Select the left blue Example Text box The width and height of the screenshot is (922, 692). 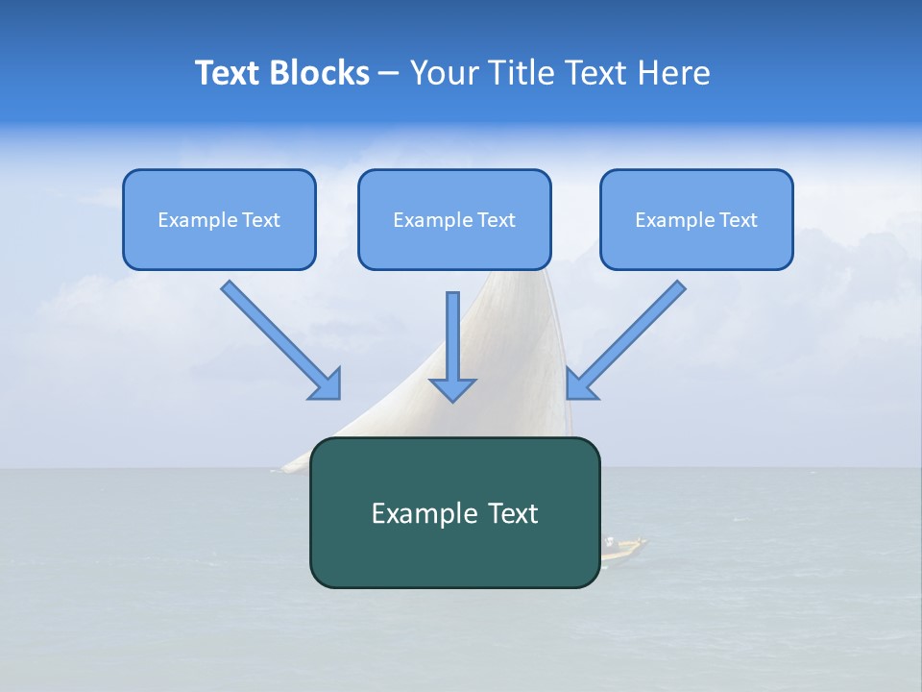click(x=219, y=219)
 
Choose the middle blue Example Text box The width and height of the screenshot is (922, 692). click(x=454, y=219)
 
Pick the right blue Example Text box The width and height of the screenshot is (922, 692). click(x=696, y=219)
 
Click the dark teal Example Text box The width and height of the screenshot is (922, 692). click(x=454, y=512)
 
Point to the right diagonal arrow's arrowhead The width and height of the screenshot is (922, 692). click(x=580, y=384)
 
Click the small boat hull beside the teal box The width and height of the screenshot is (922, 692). click(x=624, y=548)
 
